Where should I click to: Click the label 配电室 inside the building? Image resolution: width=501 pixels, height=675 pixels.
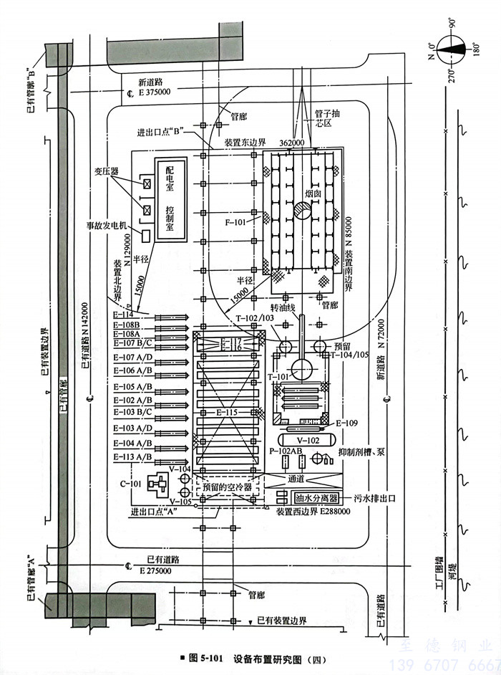pyautogui.click(x=170, y=178)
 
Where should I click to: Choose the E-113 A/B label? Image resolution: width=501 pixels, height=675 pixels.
pyautogui.click(x=132, y=456)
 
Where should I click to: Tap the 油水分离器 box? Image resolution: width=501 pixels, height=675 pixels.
pyautogui.click(x=316, y=497)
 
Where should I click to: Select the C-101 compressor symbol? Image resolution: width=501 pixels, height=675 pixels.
pyautogui.click(x=155, y=485)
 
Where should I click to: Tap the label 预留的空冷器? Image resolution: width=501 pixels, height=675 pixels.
pyautogui.click(x=227, y=487)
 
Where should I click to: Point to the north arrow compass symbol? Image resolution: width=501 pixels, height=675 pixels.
pyautogui.click(x=452, y=52)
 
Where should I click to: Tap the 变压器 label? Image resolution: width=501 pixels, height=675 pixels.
pyautogui.click(x=105, y=171)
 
